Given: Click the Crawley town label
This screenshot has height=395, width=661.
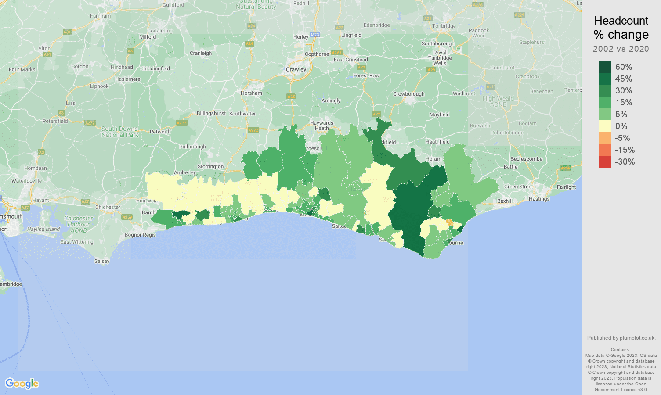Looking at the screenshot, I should click(x=296, y=69).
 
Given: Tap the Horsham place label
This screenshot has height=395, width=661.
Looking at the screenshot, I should click(x=251, y=93).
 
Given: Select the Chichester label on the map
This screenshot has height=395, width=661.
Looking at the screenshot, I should click(x=108, y=207).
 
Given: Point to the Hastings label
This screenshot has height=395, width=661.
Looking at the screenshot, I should click(x=539, y=199).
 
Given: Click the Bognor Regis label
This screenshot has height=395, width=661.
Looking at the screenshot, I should click(x=140, y=235).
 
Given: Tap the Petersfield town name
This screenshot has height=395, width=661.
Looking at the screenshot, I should click(x=55, y=121).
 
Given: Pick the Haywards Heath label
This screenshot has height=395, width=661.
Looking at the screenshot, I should click(x=321, y=126).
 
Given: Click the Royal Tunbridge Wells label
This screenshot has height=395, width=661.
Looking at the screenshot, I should click(x=440, y=58).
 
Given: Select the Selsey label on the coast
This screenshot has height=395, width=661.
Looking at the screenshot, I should click(x=102, y=261).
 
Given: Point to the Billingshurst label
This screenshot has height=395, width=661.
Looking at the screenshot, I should click(x=211, y=113).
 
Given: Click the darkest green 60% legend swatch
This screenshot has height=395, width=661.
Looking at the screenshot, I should click(x=605, y=67).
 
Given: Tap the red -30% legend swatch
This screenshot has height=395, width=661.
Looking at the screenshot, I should click(x=605, y=162).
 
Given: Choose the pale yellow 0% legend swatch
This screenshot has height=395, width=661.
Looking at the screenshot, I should click(x=605, y=126).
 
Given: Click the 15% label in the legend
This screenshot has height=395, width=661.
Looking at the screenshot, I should click(x=624, y=102).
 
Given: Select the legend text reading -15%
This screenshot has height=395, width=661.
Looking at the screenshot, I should click(x=625, y=150).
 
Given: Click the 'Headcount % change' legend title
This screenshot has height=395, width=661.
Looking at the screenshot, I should click(x=621, y=28).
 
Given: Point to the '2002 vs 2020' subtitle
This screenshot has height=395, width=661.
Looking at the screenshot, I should click(x=621, y=49).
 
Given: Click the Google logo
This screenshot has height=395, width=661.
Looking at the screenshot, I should click(x=22, y=384).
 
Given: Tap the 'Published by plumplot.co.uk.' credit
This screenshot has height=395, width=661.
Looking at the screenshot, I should click(x=621, y=338).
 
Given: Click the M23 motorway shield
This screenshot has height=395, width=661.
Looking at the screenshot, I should click(x=314, y=34).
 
